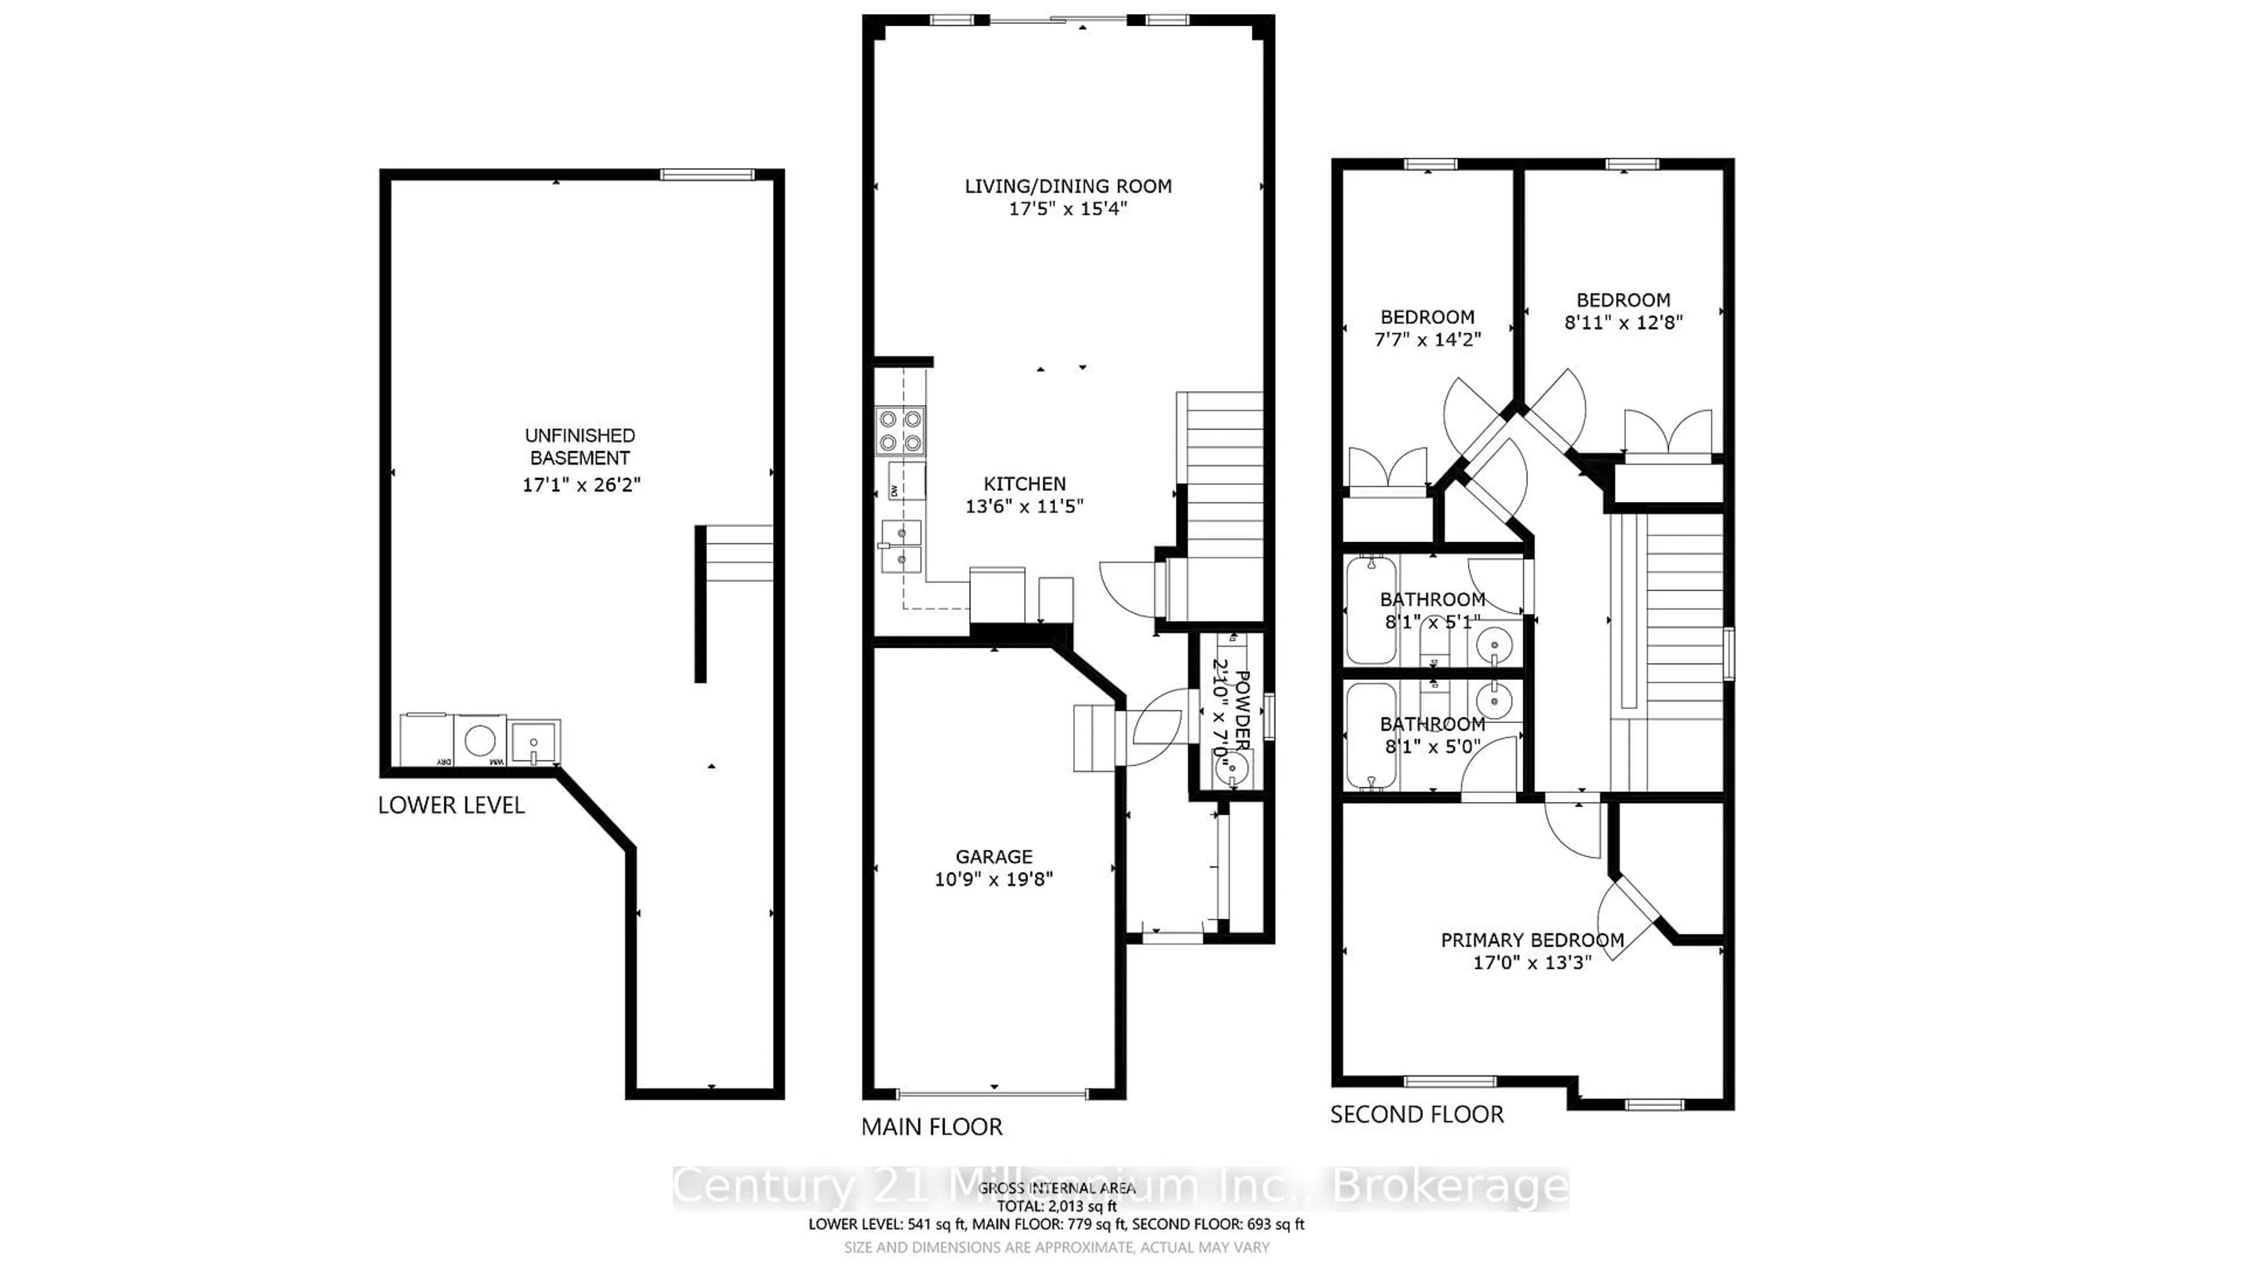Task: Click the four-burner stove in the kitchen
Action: tap(900, 431)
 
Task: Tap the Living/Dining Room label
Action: tap(1068, 186)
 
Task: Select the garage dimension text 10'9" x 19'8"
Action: tap(994, 879)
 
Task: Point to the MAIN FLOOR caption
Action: tap(932, 1127)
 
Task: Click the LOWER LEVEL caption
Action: tap(451, 805)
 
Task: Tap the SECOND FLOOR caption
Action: tap(1417, 1115)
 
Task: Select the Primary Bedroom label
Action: tap(1532, 940)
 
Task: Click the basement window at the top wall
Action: tap(706, 175)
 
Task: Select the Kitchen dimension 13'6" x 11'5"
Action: tap(1024, 506)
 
